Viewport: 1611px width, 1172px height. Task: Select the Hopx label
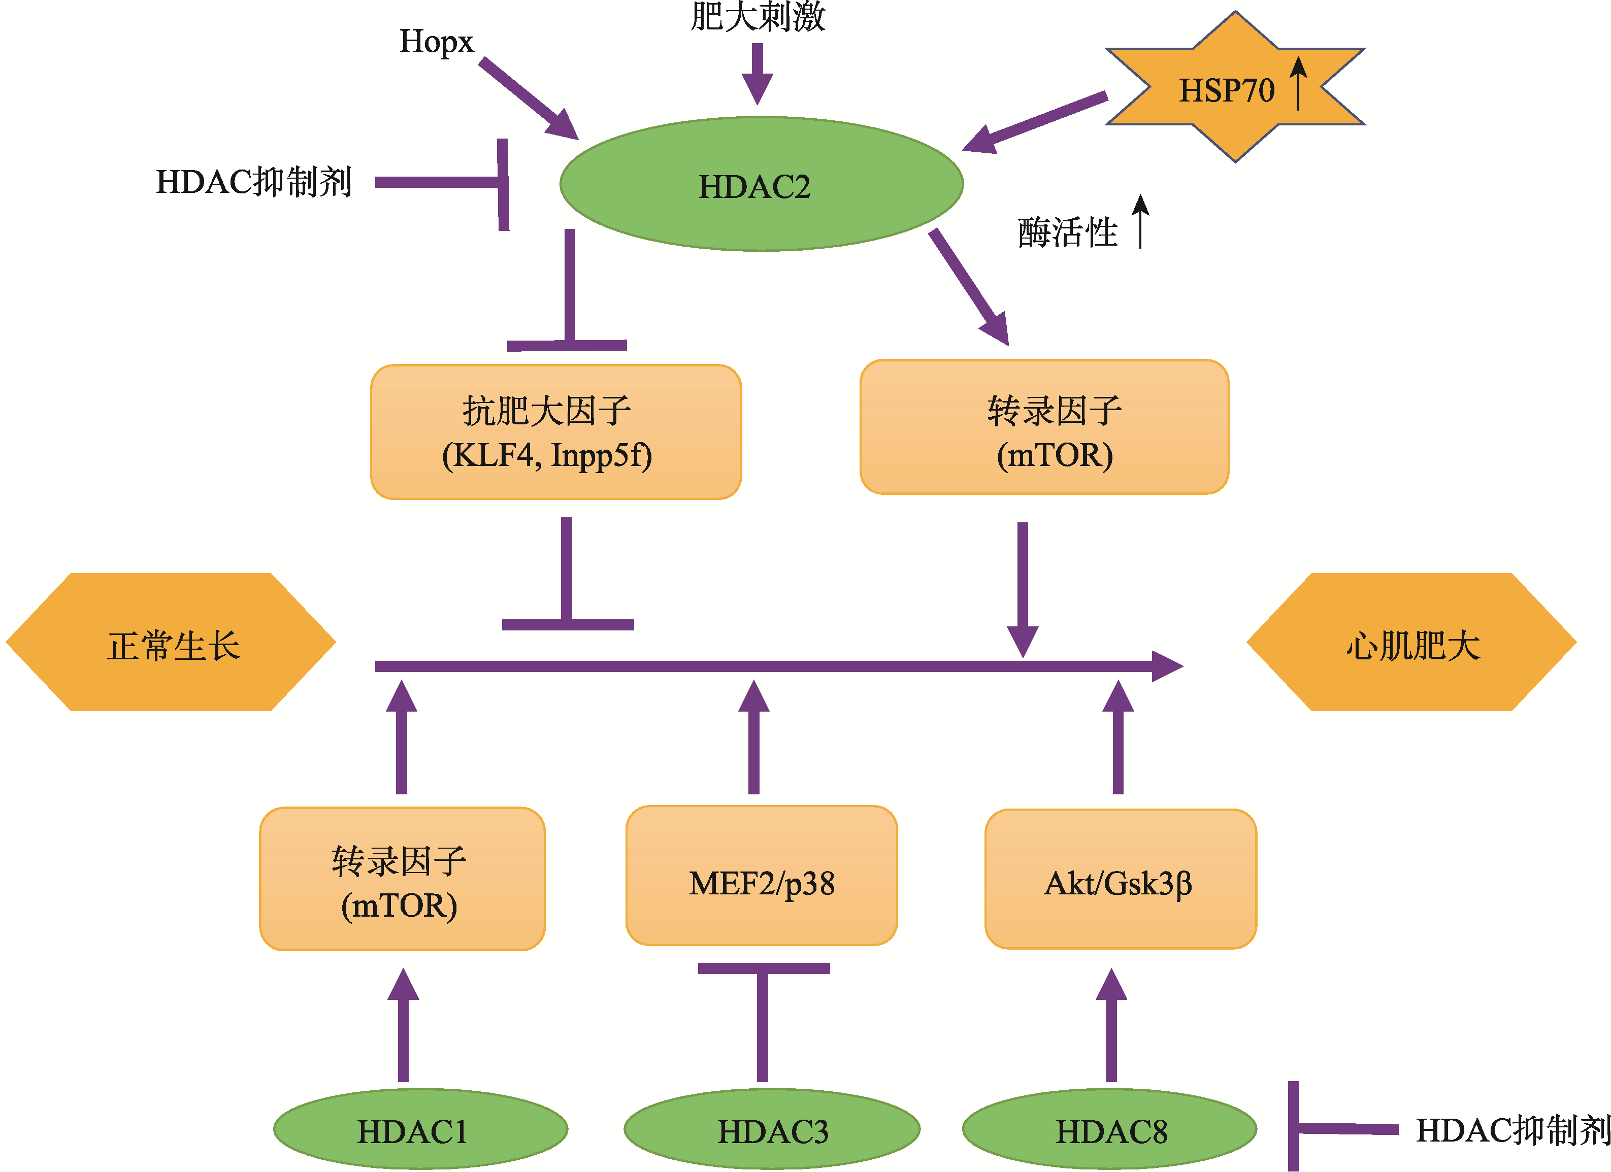(436, 41)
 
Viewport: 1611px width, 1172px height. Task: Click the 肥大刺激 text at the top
(758, 17)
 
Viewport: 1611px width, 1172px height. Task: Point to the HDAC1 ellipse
(420, 1129)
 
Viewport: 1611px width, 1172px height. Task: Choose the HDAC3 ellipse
(772, 1129)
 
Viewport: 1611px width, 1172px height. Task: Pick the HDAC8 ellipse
(1109, 1129)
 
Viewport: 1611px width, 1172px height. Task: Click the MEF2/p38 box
(762, 882)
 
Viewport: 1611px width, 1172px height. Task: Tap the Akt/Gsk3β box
(1120, 882)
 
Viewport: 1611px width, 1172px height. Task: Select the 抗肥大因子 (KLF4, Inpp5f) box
(555, 432)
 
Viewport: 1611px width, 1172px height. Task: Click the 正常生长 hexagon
(171, 643)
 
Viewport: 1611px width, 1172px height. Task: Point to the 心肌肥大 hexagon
(1412, 643)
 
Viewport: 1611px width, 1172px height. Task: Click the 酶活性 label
(1068, 232)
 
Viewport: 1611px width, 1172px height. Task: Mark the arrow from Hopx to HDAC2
(529, 99)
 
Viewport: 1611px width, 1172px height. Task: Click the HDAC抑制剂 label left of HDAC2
(253, 182)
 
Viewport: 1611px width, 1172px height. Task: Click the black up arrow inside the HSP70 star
(1298, 84)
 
